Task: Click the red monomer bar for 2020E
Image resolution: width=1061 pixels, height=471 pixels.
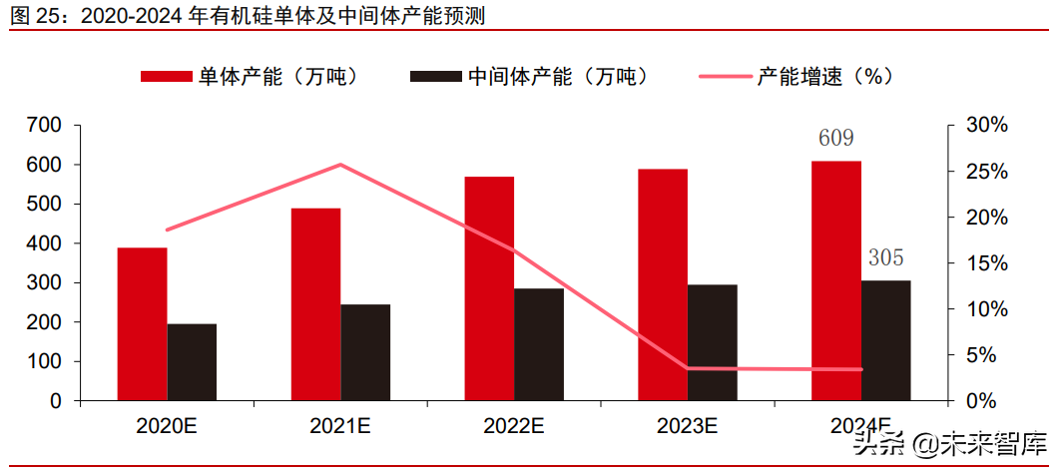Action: coord(142,324)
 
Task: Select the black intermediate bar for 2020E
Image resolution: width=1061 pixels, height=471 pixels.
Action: coord(192,362)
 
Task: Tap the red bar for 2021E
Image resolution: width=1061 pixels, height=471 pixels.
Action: coord(315,304)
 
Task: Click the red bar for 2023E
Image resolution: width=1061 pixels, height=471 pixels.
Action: coord(663,284)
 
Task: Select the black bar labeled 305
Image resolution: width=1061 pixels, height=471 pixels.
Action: coord(885,340)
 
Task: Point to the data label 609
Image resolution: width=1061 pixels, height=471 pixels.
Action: coord(835,139)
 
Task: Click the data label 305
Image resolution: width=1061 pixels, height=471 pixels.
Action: coord(885,258)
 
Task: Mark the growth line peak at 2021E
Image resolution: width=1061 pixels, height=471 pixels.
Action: coord(340,165)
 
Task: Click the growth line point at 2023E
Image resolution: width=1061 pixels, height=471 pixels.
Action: coord(688,368)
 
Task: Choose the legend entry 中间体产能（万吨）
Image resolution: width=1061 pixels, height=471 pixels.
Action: coord(529,77)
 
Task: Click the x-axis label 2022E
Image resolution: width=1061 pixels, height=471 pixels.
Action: coord(514,426)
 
